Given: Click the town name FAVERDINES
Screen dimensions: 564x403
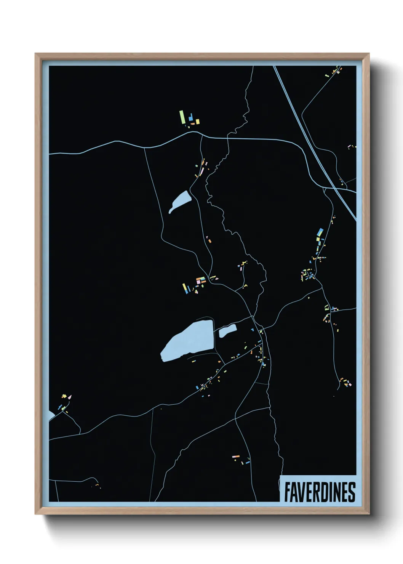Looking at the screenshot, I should [320, 492].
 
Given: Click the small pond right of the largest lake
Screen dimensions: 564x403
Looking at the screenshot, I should [227, 331].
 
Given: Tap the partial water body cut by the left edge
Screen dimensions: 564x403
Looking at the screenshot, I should [51, 415].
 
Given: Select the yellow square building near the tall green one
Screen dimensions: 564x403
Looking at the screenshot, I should [197, 121].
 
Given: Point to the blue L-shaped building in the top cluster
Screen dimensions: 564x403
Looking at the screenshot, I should [190, 119].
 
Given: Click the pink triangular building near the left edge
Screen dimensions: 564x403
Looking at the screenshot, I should [69, 397].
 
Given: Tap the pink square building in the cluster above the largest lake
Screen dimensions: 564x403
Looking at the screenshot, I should [198, 280].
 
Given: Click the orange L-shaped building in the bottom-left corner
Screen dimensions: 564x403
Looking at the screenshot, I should [97, 485].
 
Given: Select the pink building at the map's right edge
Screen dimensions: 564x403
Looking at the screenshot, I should [350, 385].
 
